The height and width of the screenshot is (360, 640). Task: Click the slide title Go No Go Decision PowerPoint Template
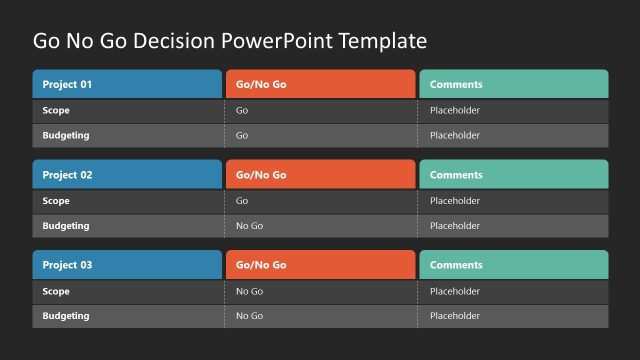pos(230,41)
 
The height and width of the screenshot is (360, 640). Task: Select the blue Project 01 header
pos(127,84)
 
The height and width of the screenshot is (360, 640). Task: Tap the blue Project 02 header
pos(127,175)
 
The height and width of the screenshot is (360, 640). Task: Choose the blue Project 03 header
pos(127,265)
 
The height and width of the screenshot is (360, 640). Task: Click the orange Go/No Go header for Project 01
pos(320,84)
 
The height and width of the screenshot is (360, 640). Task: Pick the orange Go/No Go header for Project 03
pos(320,265)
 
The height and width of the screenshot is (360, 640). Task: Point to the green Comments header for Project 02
pos(513,175)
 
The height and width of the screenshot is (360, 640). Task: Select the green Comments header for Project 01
pos(513,84)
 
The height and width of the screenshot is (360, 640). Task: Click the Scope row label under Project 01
pos(56,110)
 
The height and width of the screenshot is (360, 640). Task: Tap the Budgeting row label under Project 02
pos(66,226)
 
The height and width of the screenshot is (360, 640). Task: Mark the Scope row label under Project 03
pos(56,291)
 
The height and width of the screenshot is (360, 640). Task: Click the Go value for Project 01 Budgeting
pos(242,135)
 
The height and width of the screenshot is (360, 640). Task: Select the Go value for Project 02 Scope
pos(242,201)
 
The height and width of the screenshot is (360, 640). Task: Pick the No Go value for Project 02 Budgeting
pos(249,226)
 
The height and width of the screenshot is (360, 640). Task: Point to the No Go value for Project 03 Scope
pos(249,291)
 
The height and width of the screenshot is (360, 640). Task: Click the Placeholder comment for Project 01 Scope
pos(455,110)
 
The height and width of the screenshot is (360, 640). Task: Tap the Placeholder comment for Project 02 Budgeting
pos(455,226)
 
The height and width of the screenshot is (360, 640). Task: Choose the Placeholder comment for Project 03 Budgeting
pos(455,316)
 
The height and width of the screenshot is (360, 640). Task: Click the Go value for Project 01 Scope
pos(242,110)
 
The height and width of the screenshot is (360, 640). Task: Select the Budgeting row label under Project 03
pos(66,316)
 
